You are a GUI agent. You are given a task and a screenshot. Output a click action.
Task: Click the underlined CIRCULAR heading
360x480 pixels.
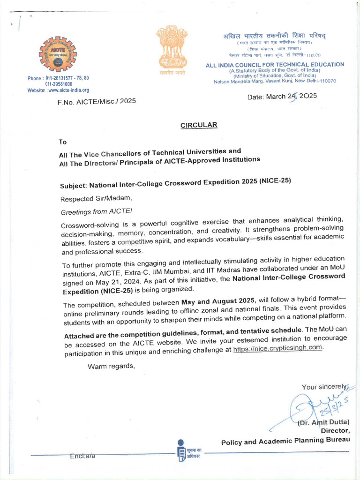pos(199,125)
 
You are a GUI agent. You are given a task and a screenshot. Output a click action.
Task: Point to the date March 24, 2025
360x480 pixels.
pos(282,96)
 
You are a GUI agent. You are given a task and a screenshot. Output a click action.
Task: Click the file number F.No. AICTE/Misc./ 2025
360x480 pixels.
pos(97,101)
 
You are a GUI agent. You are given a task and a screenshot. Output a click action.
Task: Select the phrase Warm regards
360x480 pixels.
pos(111,366)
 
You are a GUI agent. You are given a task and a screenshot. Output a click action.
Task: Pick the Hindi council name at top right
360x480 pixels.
pos(274,36)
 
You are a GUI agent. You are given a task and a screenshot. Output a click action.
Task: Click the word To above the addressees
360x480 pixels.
pos(63,142)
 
